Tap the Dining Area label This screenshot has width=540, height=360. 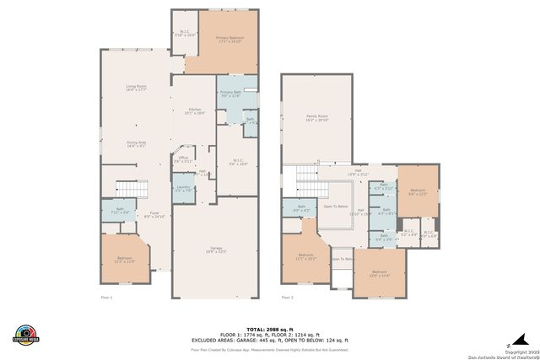pos(138,144)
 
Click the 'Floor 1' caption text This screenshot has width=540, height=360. pos(106,297)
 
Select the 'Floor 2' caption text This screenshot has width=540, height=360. pos(288,297)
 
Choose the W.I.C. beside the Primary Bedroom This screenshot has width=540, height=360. pos(185,35)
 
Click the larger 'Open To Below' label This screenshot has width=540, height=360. pos(336,206)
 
